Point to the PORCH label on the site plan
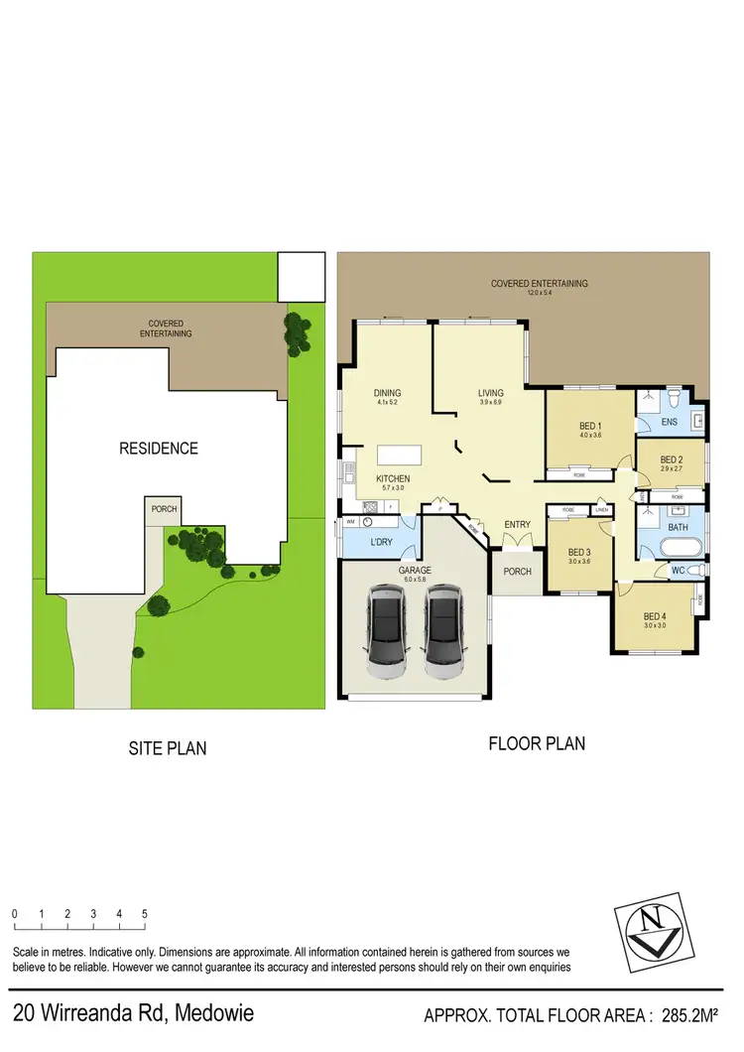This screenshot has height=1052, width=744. click(164, 509)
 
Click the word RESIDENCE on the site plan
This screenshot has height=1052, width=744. click(159, 449)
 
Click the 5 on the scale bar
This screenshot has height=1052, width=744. click(145, 913)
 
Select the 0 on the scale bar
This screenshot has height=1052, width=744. click(15, 913)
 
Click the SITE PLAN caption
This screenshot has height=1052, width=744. click(168, 748)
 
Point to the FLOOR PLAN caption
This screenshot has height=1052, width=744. click(537, 742)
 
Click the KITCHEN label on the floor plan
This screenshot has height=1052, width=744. click(393, 479)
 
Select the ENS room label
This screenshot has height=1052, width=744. click(669, 422)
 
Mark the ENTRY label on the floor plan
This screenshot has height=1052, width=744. click(517, 525)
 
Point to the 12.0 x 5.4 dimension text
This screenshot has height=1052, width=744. click(540, 293)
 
